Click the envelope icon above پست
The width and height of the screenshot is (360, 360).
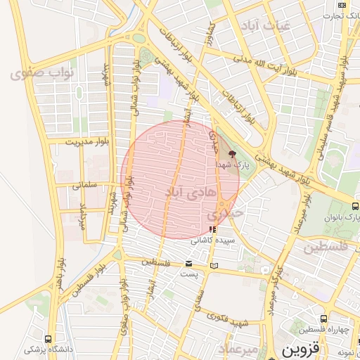tap(188, 264)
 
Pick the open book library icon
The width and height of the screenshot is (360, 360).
tap(214, 266)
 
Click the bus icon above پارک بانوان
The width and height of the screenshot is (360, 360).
tap(354, 206)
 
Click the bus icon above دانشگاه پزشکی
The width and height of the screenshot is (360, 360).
tap(49, 338)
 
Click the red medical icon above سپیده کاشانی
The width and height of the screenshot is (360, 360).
tap(213, 229)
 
